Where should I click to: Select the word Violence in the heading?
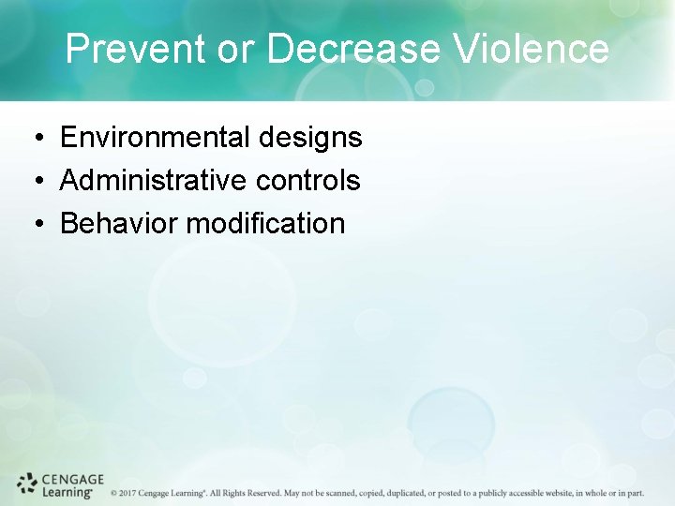[532, 50]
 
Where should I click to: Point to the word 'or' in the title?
[236, 50]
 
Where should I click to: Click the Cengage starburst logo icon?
[27, 484]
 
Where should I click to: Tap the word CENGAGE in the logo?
[73, 479]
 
